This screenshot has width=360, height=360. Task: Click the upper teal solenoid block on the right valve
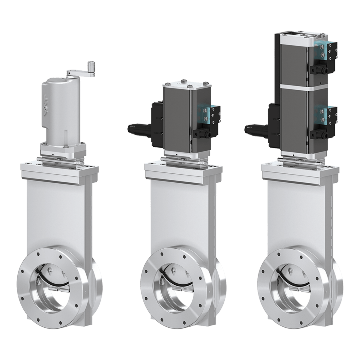[x=319, y=50]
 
